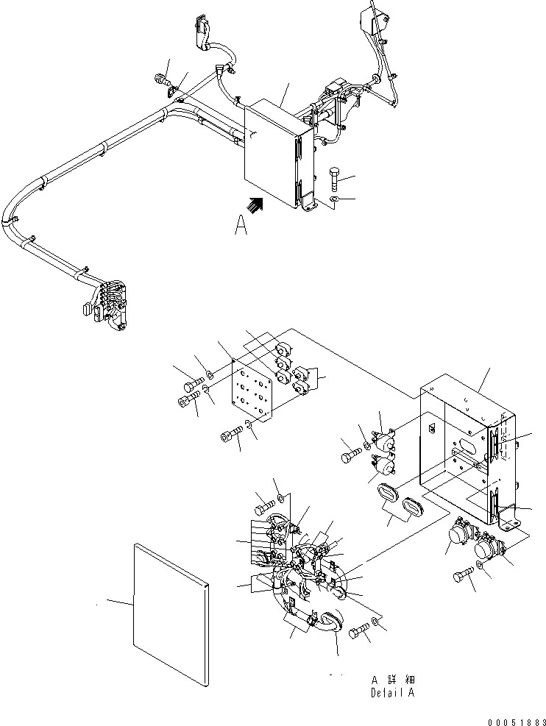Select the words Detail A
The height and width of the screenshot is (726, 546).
click(x=393, y=693)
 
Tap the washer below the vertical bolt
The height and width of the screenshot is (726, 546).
click(x=334, y=199)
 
